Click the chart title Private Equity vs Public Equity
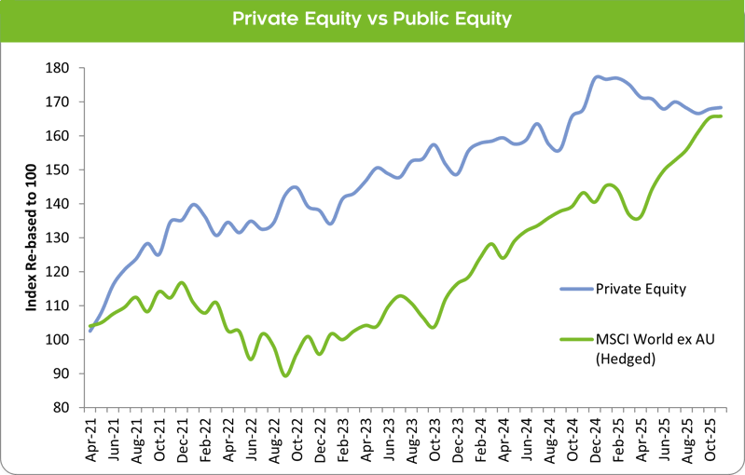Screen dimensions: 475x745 tap(372, 20)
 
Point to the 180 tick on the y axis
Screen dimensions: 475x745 tap(62, 68)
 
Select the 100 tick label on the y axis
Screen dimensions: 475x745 tap(62, 340)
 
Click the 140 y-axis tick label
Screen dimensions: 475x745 tap(62, 204)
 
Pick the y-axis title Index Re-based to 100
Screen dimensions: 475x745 tap(30, 237)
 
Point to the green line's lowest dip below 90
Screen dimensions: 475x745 tap(285, 374)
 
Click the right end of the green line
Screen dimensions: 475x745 tap(721, 115)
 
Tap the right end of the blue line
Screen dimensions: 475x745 tap(721, 108)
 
